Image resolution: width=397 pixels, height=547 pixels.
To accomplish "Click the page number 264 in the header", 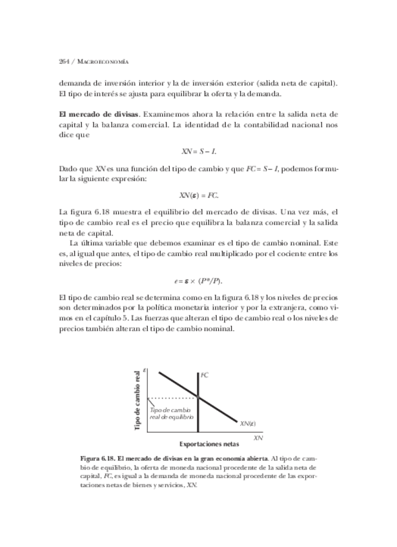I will (x=63, y=62).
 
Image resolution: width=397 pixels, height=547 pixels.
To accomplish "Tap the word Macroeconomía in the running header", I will (x=102, y=62).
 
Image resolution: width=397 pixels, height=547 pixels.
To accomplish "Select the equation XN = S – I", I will (x=198, y=150).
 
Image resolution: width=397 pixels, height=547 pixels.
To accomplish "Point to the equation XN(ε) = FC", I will (x=198, y=195).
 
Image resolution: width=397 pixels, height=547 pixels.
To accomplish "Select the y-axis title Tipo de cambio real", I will (x=137, y=401).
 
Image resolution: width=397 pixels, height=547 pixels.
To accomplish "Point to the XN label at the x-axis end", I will (x=258, y=438).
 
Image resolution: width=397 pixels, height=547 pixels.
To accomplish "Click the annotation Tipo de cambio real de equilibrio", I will (x=171, y=413).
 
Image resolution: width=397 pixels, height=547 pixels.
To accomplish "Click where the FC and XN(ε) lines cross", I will (x=198, y=397).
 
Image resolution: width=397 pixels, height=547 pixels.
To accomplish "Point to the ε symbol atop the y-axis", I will (x=146, y=371).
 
